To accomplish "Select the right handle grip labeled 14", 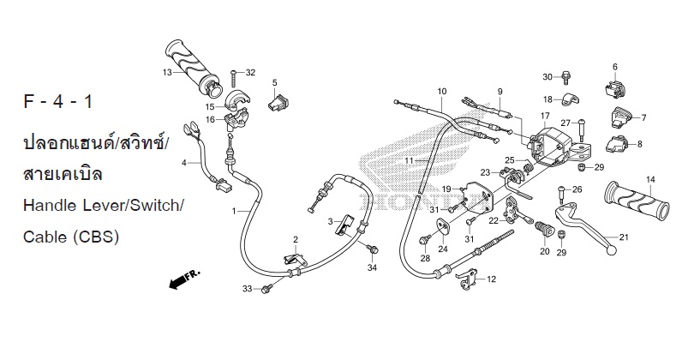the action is coord(637,201).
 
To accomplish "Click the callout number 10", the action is coord(442,92).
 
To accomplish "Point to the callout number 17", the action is coord(544,116).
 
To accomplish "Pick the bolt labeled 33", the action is coord(266,289).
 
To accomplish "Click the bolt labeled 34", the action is coord(373,249).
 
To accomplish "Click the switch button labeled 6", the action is coord(615,87).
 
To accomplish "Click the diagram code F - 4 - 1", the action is coord(58,102).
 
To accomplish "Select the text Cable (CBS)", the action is coord(71,237).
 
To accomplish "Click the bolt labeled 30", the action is coord(565,77).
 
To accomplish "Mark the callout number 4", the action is coord(184,163).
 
